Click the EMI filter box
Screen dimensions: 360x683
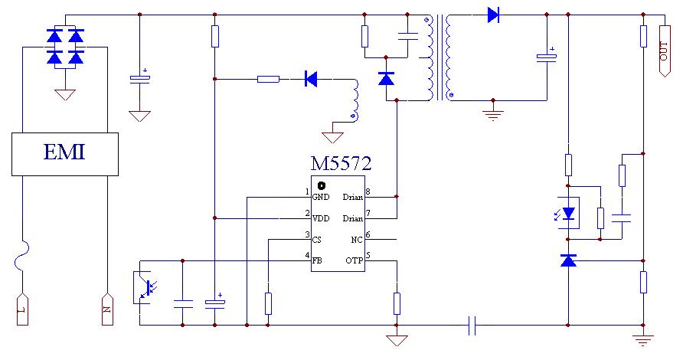click(64, 153)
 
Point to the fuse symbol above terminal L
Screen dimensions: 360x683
click(22, 257)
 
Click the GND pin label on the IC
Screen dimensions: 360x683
click(320, 197)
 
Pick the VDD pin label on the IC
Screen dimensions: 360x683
click(321, 218)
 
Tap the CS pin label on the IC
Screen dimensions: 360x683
click(317, 240)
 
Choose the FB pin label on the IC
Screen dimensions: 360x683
click(317, 260)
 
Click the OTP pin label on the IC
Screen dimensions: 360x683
click(354, 260)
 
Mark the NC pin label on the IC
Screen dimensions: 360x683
click(356, 240)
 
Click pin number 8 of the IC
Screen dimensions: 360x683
click(368, 191)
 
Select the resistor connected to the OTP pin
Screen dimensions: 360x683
click(397, 303)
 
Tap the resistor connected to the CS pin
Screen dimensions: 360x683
click(269, 303)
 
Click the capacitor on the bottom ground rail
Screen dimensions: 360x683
click(472, 325)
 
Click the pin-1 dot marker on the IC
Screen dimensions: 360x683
click(322, 185)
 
